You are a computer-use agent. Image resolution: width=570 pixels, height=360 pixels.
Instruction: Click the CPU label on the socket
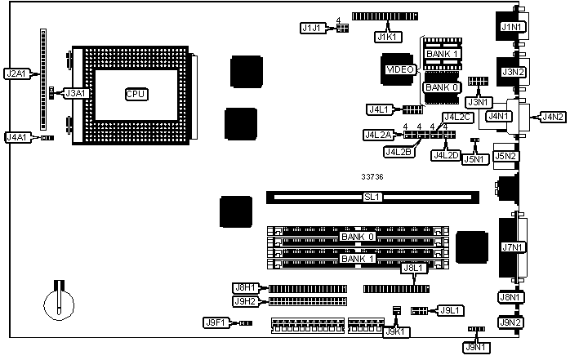(x=136, y=94)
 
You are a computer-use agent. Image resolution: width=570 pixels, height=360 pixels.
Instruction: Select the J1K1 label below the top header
(x=386, y=36)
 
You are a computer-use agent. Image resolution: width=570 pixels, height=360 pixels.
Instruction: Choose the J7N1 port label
(x=512, y=247)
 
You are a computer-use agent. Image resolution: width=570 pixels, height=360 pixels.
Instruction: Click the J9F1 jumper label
(x=215, y=323)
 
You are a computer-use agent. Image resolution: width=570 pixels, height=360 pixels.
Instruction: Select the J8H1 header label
(x=246, y=287)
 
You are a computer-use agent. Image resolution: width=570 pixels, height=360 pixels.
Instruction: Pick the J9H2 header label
(x=246, y=301)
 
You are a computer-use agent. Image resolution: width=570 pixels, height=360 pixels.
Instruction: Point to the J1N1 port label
(x=512, y=28)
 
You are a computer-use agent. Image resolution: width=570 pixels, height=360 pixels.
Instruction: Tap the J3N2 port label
(x=512, y=72)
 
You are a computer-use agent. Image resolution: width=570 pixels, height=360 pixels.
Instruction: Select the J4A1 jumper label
(x=16, y=137)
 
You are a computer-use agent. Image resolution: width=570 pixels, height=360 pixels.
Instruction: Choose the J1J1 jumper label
(x=311, y=28)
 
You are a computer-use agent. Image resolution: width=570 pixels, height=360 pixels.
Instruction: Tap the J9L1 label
(x=451, y=310)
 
